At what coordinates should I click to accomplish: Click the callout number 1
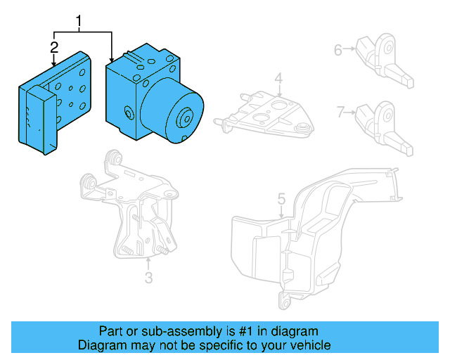[79, 22]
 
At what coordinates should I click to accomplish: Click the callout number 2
[54, 48]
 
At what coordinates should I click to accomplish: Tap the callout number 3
[148, 278]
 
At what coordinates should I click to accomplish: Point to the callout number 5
[281, 200]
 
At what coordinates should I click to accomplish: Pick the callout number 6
[337, 49]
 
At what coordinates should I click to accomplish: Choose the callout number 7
[340, 111]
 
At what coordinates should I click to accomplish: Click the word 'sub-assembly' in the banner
[158, 331]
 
